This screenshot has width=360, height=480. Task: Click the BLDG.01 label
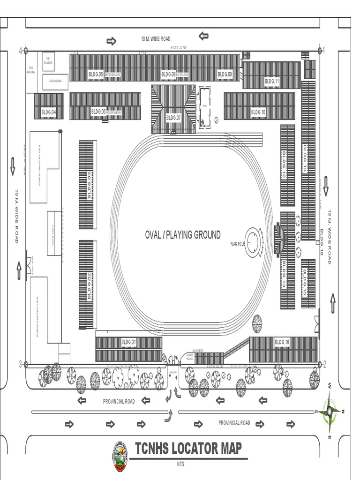click(128, 343)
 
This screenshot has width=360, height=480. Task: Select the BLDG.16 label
click(282, 343)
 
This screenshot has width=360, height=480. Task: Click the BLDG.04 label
click(48, 112)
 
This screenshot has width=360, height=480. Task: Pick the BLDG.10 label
click(258, 112)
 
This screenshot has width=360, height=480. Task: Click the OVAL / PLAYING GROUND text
click(182, 235)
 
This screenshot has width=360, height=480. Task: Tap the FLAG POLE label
click(238, 244)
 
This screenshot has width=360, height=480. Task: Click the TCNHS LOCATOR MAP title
click(188, 449)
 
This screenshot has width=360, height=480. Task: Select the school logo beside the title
click(120, 457)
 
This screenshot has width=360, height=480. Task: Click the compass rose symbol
click(330, 411)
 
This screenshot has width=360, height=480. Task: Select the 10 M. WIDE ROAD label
click(156, 39)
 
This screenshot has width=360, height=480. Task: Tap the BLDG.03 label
click(89, 186)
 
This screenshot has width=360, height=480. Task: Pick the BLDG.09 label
click(225, 74)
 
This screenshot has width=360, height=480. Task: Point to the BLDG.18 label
click(322, 241)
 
